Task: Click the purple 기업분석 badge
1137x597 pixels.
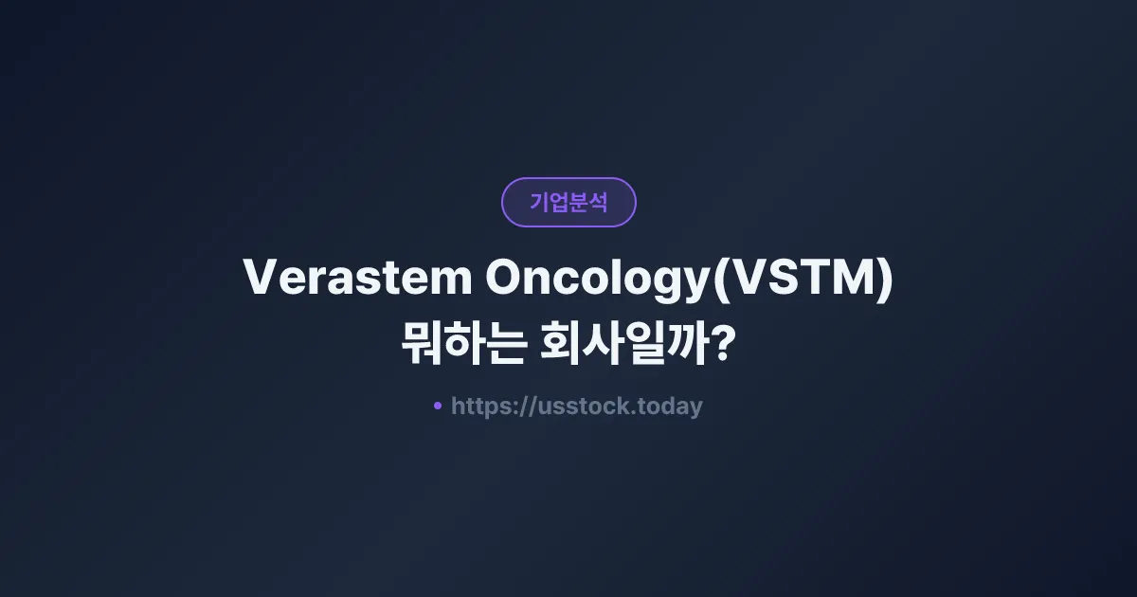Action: coord(568,202)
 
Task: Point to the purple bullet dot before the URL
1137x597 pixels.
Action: coord(437,406)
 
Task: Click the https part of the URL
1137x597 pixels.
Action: coord(481,407)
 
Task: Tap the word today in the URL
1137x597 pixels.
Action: coord(671,407)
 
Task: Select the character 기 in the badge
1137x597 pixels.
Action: coord(539,202)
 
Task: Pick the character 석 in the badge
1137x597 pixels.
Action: coord(598,202)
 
